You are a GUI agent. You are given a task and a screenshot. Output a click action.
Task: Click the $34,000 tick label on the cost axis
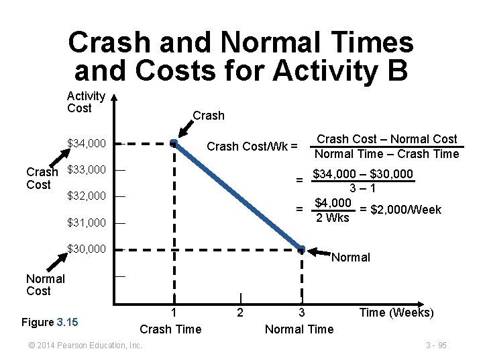(x=87, y=143)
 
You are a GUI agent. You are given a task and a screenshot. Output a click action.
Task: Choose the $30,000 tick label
(x=87, y=249)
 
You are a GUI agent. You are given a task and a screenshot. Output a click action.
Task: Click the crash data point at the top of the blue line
(x=173, y=143)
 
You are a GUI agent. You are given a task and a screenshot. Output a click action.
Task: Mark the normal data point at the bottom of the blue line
(x=302, y=249)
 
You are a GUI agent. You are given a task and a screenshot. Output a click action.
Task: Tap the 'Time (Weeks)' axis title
(x=396, y=313)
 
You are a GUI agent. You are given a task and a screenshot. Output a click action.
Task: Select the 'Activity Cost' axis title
(x=86, y=102)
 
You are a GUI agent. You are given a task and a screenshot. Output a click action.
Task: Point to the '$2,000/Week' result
(x=400, y=210)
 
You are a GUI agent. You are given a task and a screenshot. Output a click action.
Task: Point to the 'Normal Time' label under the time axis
(x=299, y=329)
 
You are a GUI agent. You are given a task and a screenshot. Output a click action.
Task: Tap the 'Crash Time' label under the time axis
(x=170, y=329)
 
